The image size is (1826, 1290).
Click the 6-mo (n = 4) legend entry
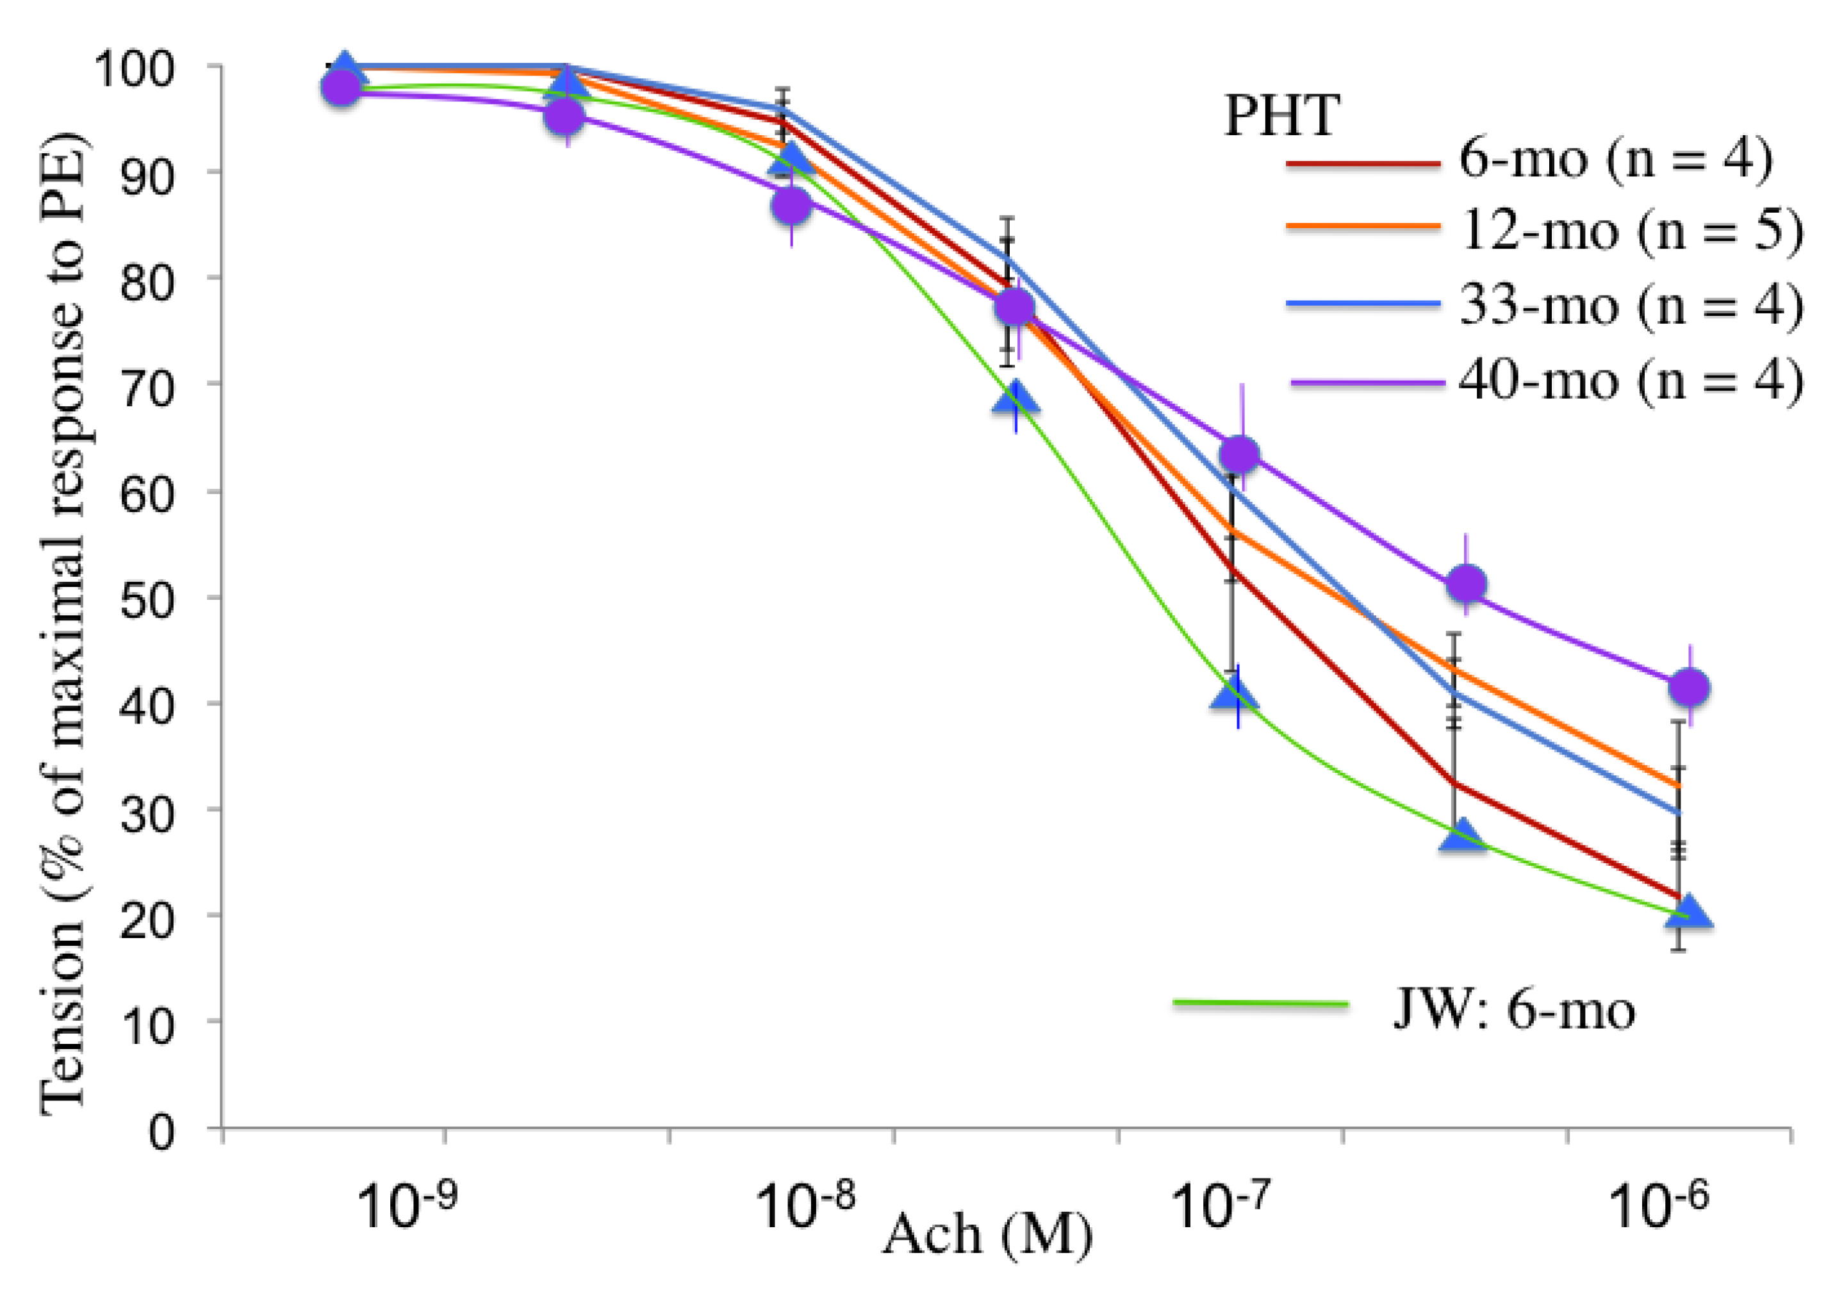click(1615, 159)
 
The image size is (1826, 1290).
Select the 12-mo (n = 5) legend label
click(1631, 231)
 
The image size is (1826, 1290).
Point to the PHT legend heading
click(1282, 117)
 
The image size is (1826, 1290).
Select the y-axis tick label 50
click(147, 600)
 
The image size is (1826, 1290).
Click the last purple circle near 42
click(1688, 686)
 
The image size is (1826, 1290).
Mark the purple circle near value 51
click(1467, 584)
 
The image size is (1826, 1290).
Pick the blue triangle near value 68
click(1016, 399)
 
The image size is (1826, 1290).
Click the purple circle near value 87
click(791, 206)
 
